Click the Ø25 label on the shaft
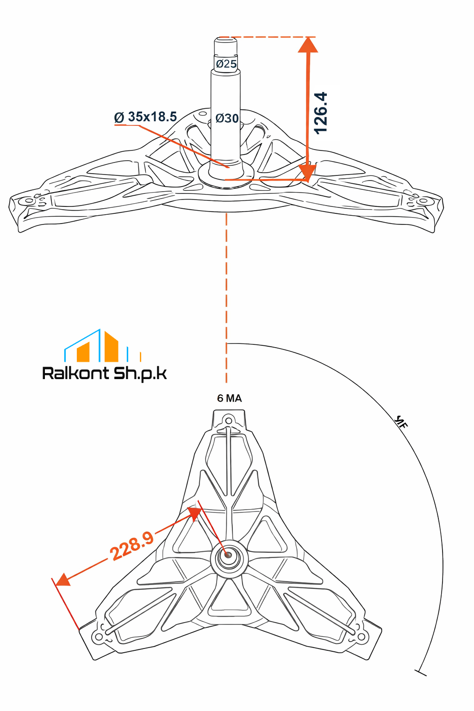pyautogui.click(x=226, y=64)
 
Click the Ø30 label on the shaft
pyautogui.click(x=227, y=118)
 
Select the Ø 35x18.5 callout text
pyautogui.click(x=145, y=117)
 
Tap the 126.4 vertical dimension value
pyautogui.click(x=321, y=113)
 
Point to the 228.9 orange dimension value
pyautogui.click(x=132, y=546)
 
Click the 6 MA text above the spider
pyautogui.click(x=230, y=399)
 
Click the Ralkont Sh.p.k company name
pyautogui.click(x=105, y=373)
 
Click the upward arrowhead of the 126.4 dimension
pyautogui.click(x=308, y=46)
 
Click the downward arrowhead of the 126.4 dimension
pyautogui.click(x=308, y=172)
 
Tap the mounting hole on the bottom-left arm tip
pyautogui.click(x=98, y=637)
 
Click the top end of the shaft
pyautogui.click(x=226, y=40)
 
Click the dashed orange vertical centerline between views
pyautogui.click(x=226, y=296)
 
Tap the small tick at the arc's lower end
pyautogui.click(x=421, y=672)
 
